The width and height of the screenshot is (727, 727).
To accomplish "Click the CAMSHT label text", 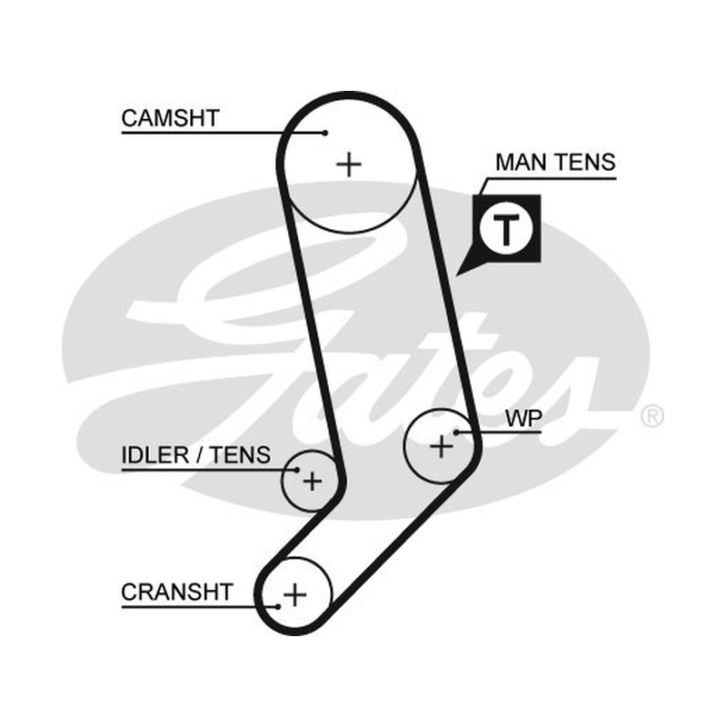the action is pos(170,119).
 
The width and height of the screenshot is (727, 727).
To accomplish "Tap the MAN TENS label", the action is pos(555,163).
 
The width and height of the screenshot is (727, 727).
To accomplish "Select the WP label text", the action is pos(523,419).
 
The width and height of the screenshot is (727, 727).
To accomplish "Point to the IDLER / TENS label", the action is pos(195,455).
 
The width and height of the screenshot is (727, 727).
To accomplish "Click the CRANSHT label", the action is pos(176,593).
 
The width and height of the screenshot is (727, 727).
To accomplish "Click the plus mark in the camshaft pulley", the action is pos(349,164).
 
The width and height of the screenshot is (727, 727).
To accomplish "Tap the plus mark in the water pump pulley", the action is pos(442,446).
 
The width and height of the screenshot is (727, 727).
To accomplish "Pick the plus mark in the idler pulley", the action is pos(313,482).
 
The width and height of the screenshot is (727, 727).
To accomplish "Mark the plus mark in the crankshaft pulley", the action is pos(294,594).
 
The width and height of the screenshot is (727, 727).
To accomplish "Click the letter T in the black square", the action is pos(506,229).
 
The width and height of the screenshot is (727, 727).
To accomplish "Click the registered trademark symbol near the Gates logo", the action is pos(652,416).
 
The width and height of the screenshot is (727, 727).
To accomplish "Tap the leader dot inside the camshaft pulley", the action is pos(325,133).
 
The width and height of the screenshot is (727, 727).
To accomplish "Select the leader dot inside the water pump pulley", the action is pos(456,433).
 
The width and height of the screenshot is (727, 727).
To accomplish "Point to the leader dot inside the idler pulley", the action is pos(298,470).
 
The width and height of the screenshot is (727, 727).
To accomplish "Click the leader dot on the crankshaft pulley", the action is pos(278,606).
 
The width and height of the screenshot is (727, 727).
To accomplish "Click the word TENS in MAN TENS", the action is pos(585,163).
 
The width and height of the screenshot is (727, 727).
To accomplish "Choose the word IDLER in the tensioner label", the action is pos(154,455).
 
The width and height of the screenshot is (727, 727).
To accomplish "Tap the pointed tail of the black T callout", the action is pos(457,275).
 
